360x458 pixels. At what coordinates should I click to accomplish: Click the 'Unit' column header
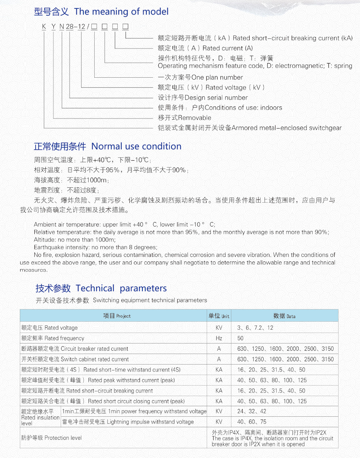(x=219, y=316)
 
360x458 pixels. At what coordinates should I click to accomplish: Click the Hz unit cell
(x=219, y=338)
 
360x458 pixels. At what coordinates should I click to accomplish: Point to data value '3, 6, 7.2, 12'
(x=255, y=328)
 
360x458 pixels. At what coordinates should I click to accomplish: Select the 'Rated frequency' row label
(x=53, y=338)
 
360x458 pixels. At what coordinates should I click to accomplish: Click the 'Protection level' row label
(x=51, y=438)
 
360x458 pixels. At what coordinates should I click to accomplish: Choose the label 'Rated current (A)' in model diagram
(x=205, y=48)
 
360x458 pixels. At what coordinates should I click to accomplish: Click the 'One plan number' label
(x=200, y=77)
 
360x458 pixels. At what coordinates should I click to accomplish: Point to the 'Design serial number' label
(x=203, y=98)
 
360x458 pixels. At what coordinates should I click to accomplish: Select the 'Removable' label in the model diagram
(x=184, y=118)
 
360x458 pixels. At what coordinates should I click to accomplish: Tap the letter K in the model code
(x=44, y=27)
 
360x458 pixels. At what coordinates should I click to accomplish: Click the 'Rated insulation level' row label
(x=40, y=417)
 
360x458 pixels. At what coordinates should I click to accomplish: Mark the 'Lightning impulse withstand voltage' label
(x=128, y=422)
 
